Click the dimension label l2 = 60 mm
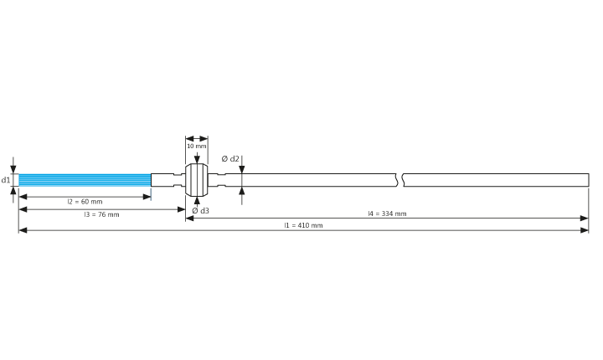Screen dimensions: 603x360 pyautogui.click(x=85, y=202)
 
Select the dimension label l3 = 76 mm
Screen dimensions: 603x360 pyautogui.click(x=102, y=214)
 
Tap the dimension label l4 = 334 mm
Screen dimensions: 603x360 pyautogui.click(x=387, y=213)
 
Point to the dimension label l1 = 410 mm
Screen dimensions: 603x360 pyautogui.click(x=303, y=225)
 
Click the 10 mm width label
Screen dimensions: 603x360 pyautogui.click(x=197, y=147)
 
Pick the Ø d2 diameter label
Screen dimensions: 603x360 pyautogui.click(x=230, y=159)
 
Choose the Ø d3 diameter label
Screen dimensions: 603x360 pyautogui.click(x=201, y=211)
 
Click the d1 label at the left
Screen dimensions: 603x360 pyautogui.click(x=6, y=180)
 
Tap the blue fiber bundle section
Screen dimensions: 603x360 pyautogui.click(x=85, y=180)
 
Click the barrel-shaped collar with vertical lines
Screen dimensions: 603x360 pyautogui.click(x=197, y=180)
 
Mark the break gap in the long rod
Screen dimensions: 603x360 pyautogui.click(x=400, y=180)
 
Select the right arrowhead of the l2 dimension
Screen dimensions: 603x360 pyautogui.click(x=147, y=197)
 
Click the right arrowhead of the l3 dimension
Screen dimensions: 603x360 pyautogui.click(x=181, y=209)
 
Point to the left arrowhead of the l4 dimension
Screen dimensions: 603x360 pyautogui.click(x=189, y=219)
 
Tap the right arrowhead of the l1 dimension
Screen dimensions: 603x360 pyautogui.click(x=585, y=230)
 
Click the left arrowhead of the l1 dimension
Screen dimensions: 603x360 pyautogui.click(x=23, y=230)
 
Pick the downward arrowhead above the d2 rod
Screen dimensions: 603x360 pyautogui.click(x=242, y=170)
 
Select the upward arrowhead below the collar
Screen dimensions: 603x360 pyautogui.click(x=197, y=200)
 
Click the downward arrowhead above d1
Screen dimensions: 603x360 pyautogui.click(x=13, y=170)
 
